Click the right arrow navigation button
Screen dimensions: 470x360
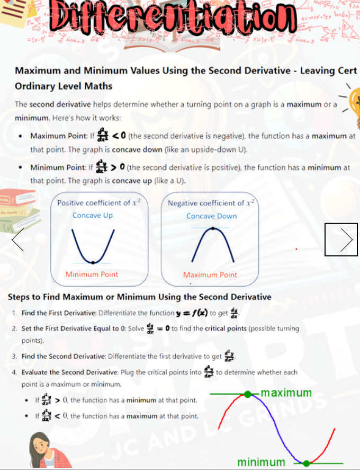tap(341, 239)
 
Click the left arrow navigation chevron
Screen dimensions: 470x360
tap(17, 240)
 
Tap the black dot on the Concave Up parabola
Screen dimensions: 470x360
tap(93, 262)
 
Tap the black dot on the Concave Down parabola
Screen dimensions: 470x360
tap(213, 229)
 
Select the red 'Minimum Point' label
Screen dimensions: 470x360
tap(92, 274)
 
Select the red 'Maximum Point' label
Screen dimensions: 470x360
tap(210, 274)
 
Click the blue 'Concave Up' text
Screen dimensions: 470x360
tap(93, 215)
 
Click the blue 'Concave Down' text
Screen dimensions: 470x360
tap(211, 216)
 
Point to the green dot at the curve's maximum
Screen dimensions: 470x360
tap(248, 394)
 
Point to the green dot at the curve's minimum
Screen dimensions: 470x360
tap(305, 463)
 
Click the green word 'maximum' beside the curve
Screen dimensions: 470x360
tap(286, 393)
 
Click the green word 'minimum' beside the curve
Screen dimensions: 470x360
tap(261, 462)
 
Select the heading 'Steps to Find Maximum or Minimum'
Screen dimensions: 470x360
tap(140, 297)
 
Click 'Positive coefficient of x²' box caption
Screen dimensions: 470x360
tap(99, 203)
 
